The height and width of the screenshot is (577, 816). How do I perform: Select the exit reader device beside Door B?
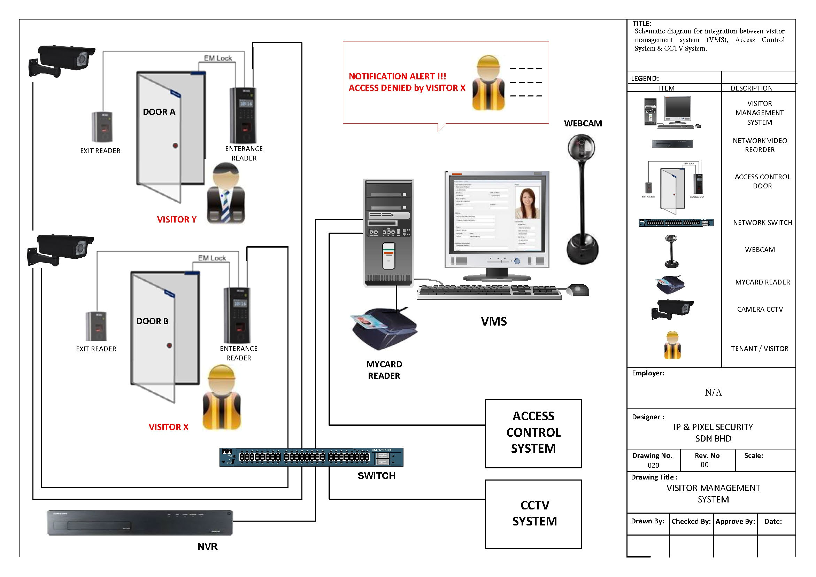[96, 326]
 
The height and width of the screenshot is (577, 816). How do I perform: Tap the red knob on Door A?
[175, 145]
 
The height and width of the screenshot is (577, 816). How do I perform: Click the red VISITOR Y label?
[177, 220]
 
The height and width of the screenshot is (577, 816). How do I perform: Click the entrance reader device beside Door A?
[243, 115]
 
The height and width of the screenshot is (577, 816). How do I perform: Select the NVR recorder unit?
[140, 523]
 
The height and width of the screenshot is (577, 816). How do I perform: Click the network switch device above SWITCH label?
[311, 457]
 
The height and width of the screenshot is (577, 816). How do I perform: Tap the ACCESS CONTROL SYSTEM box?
[533, 433]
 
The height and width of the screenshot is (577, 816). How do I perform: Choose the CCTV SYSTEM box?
[533, 514]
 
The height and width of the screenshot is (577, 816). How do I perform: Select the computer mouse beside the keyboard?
[577, 290]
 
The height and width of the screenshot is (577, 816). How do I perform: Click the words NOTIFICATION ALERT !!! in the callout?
[397, 76]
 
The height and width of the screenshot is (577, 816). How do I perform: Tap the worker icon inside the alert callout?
[489, 84]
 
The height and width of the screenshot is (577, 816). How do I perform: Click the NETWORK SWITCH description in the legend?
[762, 223]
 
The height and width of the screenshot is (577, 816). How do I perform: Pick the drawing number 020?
[653, 465]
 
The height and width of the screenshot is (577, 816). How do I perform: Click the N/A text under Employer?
[713, 392]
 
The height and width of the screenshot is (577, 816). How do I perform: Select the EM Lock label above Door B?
[212, 258]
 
